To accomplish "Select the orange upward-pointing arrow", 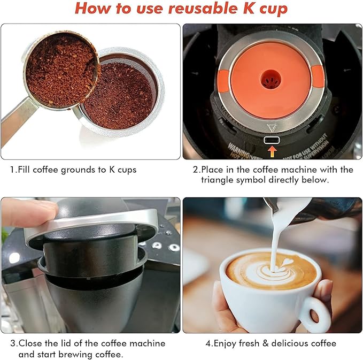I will tap(272, 151).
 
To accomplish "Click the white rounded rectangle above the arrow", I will tap(272, 140).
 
